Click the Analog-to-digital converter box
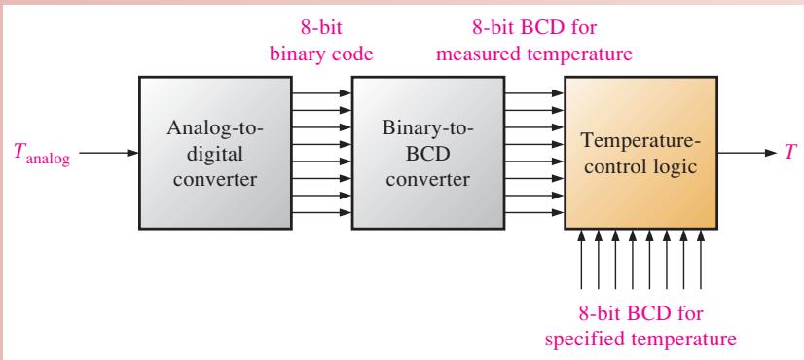(x=215, y=153)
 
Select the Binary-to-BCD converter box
(x=428, y=153)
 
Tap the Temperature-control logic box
(x=640, y=153)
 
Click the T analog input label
(x=42, y=154)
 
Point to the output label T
(x=790, y=153)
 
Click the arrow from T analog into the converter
(x=109, y=153)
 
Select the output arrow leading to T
(x=748, y=153)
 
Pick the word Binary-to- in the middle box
(x=427, y=127)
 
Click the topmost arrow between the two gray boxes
(x=322, y=93)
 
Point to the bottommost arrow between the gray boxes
(x=322, y=212)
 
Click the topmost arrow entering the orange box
(x=534, y=93)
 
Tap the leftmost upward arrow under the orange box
(x=581, y=259)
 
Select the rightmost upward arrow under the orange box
(x=701, y=259)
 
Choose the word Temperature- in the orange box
(x=640, y=141)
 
